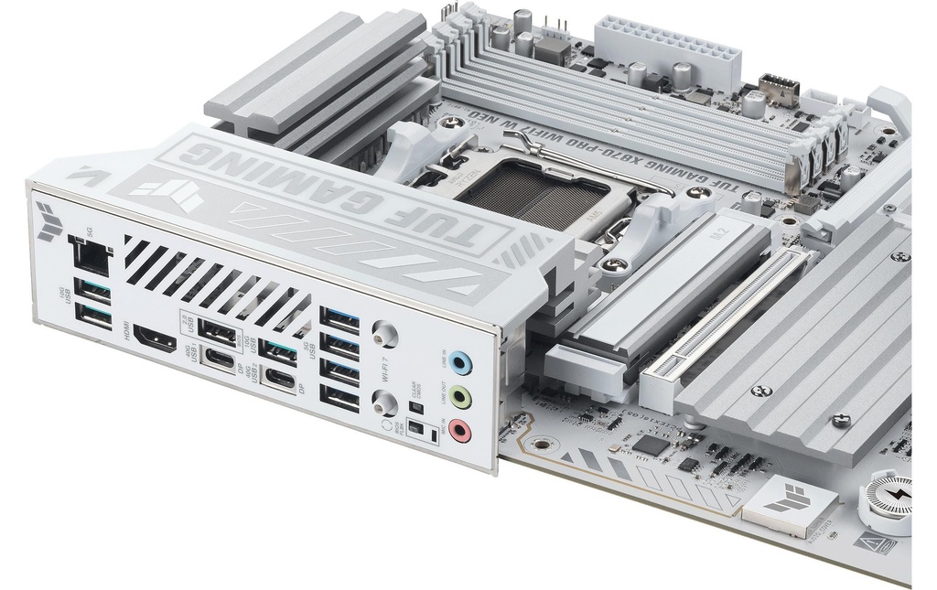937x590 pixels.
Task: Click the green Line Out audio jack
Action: tap(463, 398)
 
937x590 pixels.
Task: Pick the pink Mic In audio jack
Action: tap(460, 430)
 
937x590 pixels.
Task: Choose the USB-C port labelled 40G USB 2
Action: tap(279, 378)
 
